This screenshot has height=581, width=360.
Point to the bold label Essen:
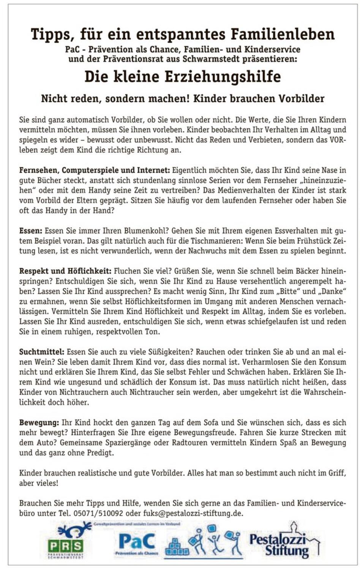(x=31, y=231)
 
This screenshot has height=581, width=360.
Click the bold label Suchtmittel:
(x=42, y=352)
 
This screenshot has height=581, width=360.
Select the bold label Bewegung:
(x=39, y=423)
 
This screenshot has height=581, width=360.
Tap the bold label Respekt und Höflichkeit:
(x=65, y=271)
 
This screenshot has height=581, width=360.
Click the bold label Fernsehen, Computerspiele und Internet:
(x=95, y=170)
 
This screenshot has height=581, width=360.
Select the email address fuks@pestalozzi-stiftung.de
(x=193, y=513)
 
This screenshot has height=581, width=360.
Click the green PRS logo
(x=66, y=546)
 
